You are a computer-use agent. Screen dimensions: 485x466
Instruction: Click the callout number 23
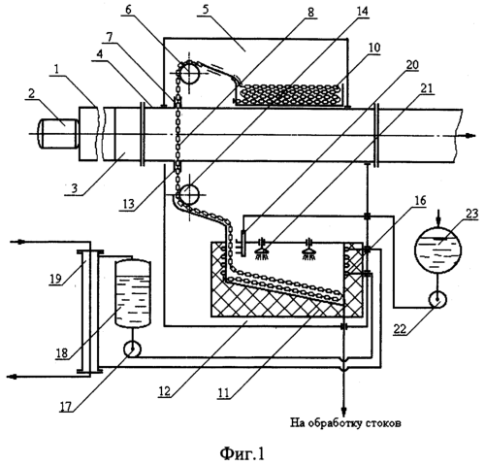click(470, 215)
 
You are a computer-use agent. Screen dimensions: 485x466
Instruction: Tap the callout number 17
click(65, 407)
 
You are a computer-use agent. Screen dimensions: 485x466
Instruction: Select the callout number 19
click(56, 278)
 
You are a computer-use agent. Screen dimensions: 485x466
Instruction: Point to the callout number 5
click(206, 10)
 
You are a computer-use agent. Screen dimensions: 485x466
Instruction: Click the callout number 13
click(128, 204)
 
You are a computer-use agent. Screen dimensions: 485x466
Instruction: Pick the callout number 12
click(164, 391)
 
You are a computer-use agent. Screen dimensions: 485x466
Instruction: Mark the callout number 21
click(426, 88)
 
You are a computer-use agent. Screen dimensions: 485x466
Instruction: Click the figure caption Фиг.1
click(242, 453)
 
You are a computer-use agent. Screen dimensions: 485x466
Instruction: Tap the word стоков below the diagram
click(384, 422)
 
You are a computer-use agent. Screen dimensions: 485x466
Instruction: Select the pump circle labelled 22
click(437, 299)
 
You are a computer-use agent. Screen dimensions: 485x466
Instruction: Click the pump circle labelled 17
click(133, 349)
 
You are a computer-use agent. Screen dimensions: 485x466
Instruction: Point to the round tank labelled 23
click(437, 250)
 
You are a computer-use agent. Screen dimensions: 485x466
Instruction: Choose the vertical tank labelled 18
click(133, 293)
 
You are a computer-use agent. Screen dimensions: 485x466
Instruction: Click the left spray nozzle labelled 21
click(264, 250)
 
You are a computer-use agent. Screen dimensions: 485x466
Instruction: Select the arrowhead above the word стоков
click(343, 413)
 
